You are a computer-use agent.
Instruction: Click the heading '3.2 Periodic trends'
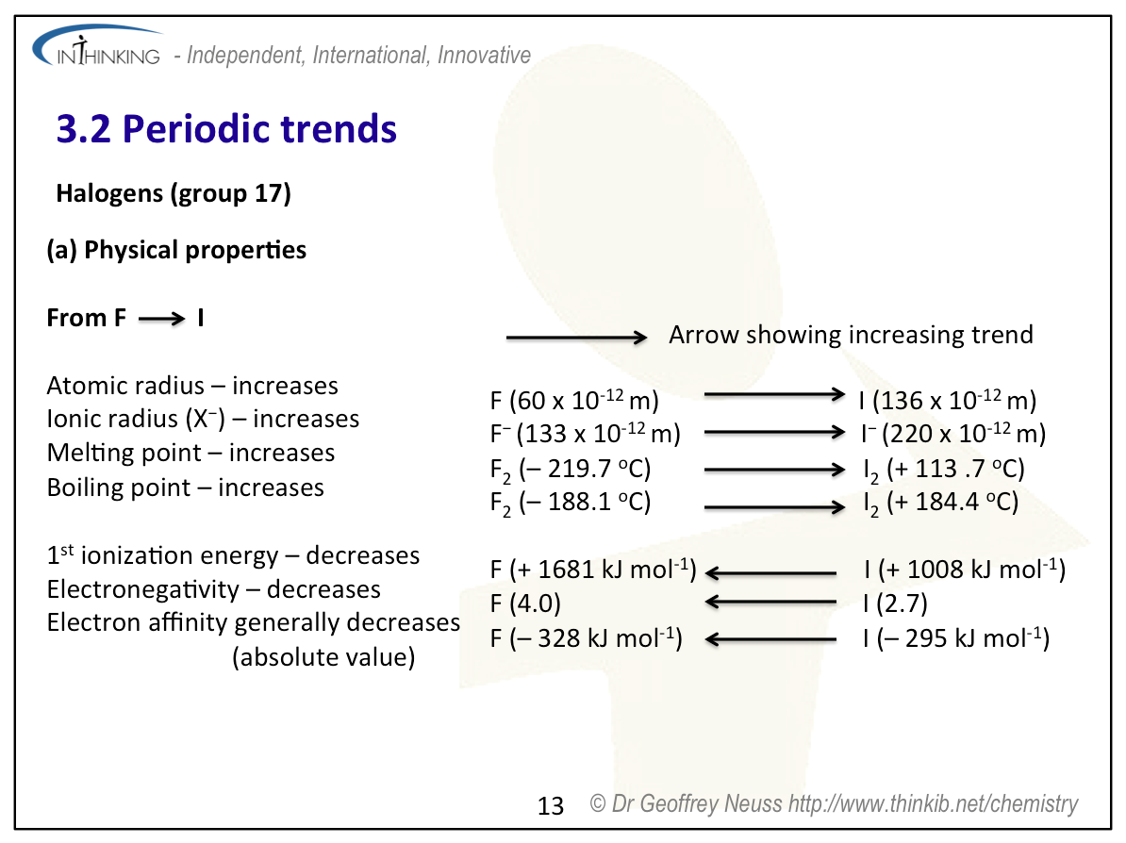click(x=226, y=128)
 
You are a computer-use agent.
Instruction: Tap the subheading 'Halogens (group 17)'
click(x=174, y=194)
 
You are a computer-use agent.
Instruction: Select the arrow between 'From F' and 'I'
click(x=162, y=319)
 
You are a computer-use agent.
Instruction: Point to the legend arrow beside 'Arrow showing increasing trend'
click(x=575, y=337)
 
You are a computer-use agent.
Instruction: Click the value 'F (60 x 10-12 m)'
click(x=573, y=401)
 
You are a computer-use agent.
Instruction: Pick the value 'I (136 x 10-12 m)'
click(x=948, y=401)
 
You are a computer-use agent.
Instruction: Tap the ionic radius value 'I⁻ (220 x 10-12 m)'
click(x=952, y=434)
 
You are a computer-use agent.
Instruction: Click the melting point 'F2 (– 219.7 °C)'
click(x=570, y=469)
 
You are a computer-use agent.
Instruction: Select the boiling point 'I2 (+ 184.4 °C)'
click(x=940, y=502)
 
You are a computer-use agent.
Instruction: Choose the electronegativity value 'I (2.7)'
click(x=895, y=603)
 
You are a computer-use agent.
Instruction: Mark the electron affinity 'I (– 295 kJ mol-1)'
click(x=955, y=638)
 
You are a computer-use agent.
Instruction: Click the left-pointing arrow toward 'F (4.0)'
click(x=770, y=603)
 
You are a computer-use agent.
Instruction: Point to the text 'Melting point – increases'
click(x=190, y=454)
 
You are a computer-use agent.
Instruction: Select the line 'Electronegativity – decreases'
click(x=214, y=590)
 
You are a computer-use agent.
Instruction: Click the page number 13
click(x=550, y=805)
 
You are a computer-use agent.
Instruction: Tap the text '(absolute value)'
click(x=323, y=657)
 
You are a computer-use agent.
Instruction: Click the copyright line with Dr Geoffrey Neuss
click(x=834, y=803)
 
